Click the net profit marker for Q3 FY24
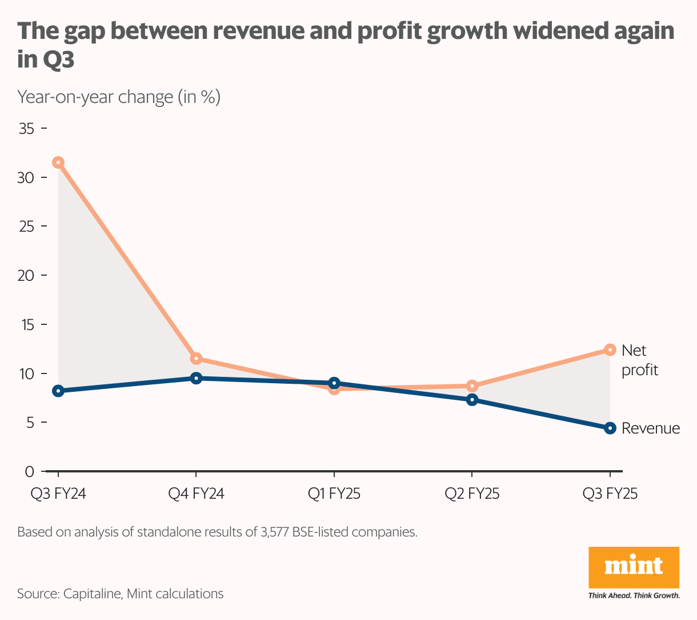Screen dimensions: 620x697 58,162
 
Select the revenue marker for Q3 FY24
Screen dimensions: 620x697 58,391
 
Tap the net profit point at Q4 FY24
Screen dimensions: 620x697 196,359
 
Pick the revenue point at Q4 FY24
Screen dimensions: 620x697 196,378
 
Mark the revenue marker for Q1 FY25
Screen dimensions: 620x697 334,383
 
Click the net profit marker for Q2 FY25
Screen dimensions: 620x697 472,386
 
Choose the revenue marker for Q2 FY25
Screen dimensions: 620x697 472,400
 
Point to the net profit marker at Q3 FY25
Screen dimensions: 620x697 610,349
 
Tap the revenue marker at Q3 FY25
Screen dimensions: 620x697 610,428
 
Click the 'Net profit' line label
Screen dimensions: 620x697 639,360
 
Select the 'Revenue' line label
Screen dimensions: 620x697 651,428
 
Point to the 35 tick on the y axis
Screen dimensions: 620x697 27,129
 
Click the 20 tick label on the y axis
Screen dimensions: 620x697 26,276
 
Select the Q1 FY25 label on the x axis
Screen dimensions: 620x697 334,494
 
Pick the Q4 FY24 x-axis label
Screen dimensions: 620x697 196,494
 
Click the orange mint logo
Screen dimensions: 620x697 634,567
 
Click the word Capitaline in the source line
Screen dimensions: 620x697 92,594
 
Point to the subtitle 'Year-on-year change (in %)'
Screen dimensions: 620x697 119,97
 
